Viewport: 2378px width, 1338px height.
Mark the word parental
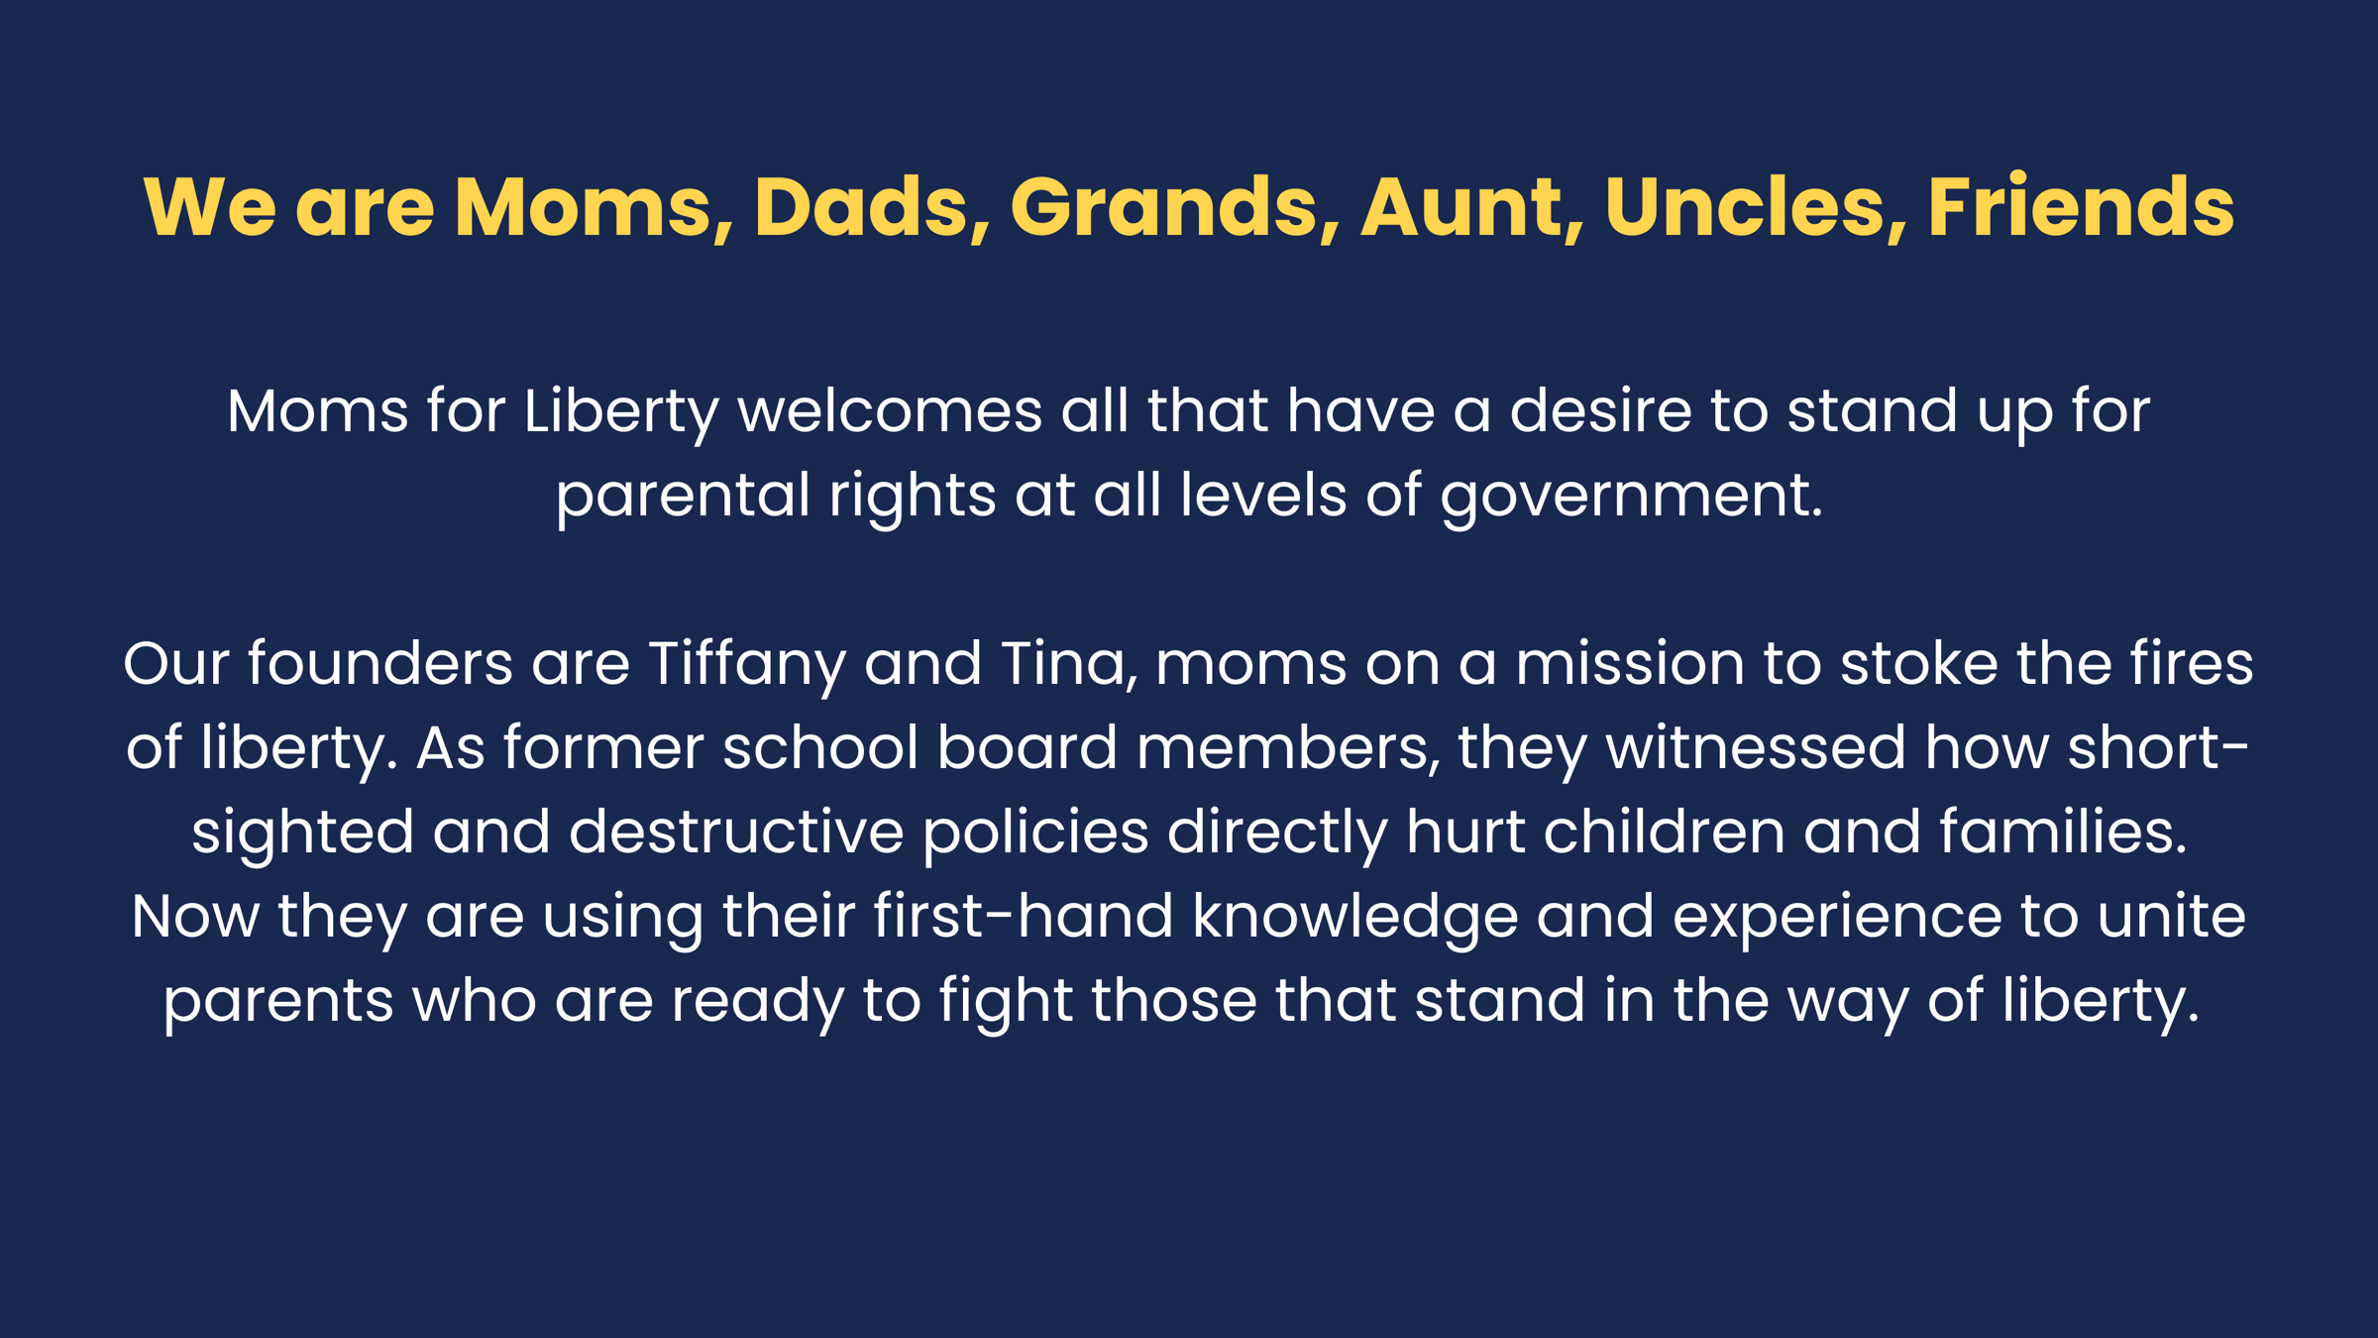[684, 497]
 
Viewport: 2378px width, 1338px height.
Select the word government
[1631, 497]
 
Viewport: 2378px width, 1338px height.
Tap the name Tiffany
[746, 665]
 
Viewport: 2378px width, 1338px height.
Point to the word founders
[380, 663]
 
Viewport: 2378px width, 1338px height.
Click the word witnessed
[1756, 747]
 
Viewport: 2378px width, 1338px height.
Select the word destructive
[736, 832]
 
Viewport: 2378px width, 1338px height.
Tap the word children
[1665, 832]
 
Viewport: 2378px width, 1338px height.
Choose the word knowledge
[1354, 918]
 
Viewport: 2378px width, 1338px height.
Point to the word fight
[1006, 1002]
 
